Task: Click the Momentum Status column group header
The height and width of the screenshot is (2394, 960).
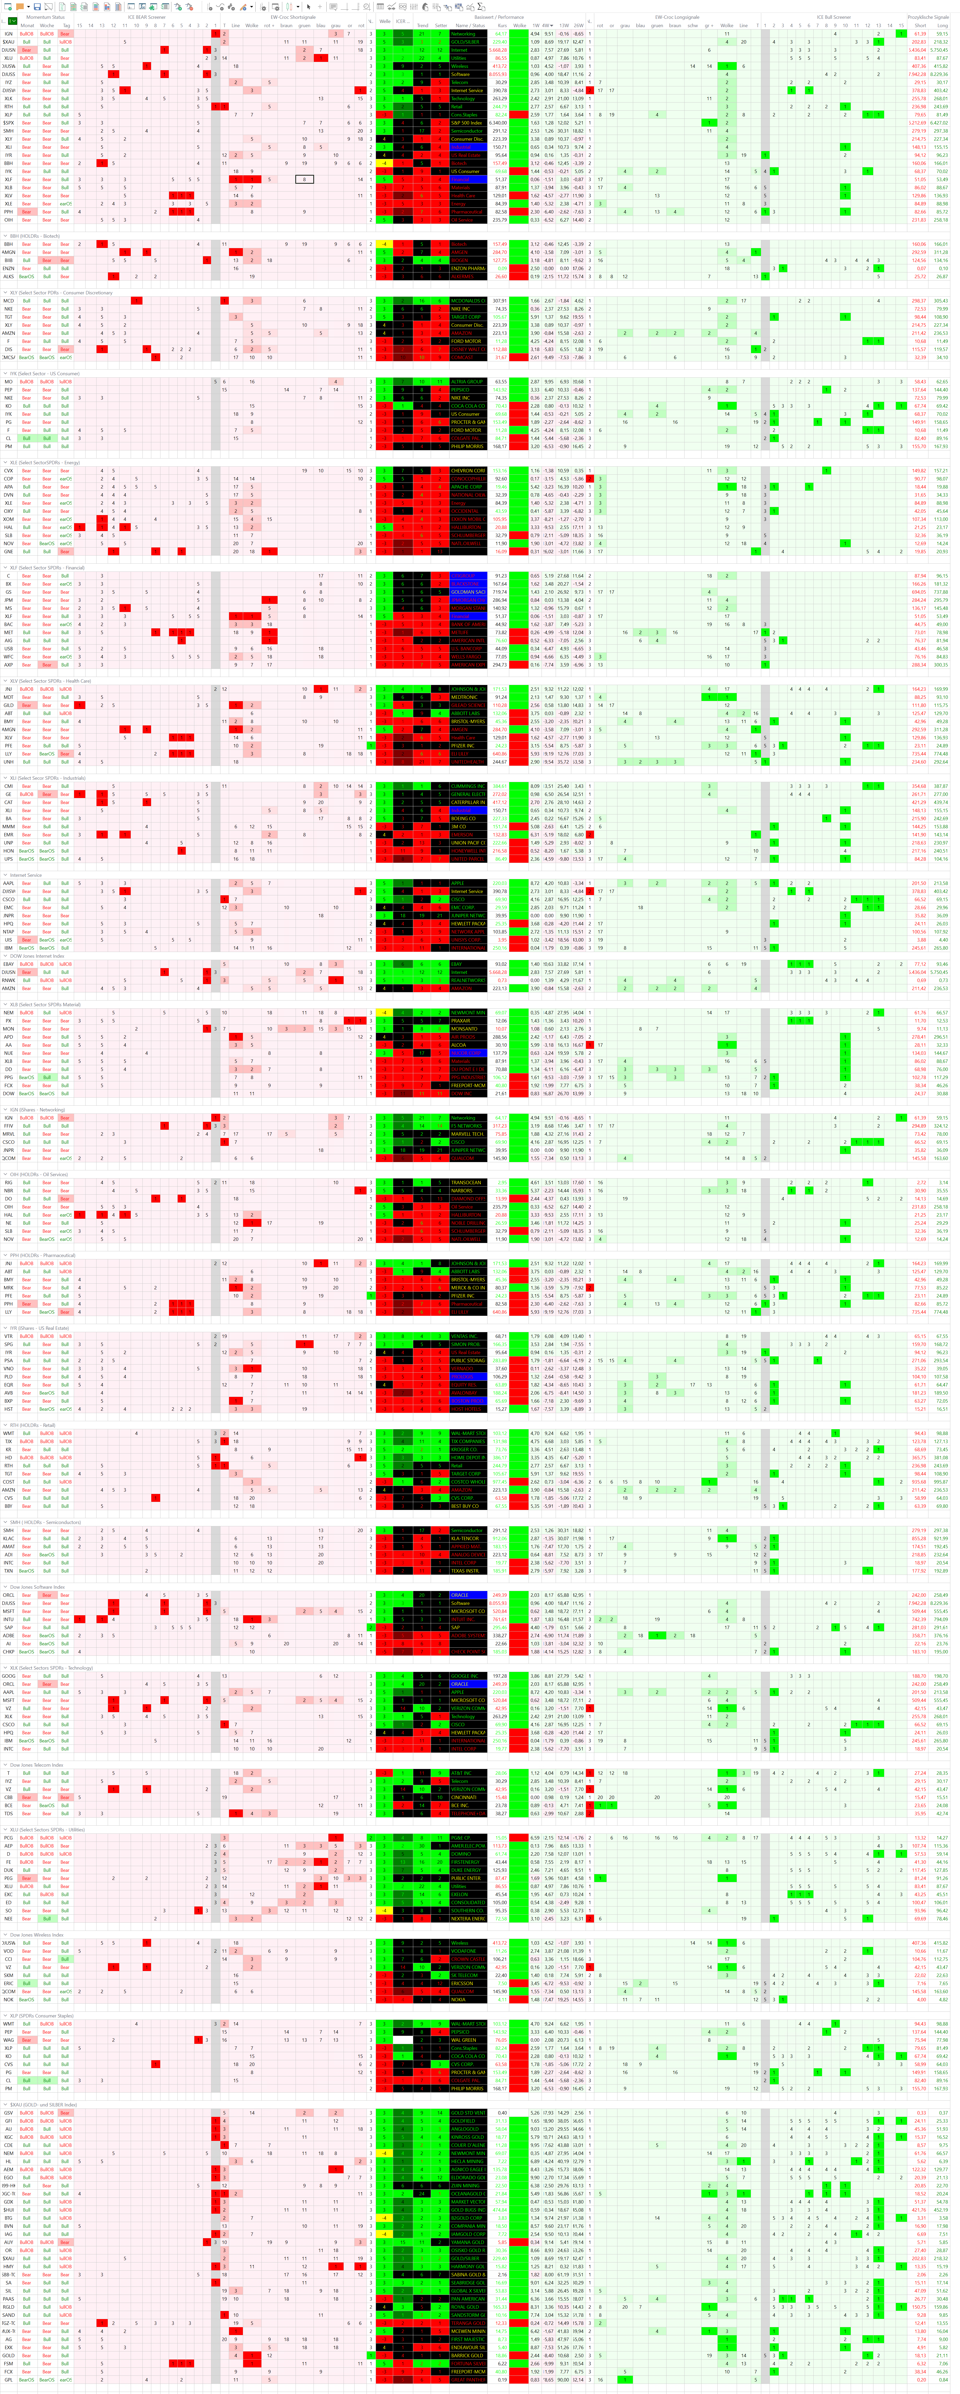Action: [45, 17]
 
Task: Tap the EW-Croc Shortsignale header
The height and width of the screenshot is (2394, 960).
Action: [293, 17]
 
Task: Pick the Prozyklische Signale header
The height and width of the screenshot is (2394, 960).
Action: [927, 17]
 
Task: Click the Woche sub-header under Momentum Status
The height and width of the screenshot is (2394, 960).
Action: [46, 25]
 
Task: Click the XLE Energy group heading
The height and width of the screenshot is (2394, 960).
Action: [45, 462]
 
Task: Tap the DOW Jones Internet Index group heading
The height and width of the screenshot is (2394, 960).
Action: [37, 955]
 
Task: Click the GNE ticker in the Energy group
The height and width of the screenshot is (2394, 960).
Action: [8, 551]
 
